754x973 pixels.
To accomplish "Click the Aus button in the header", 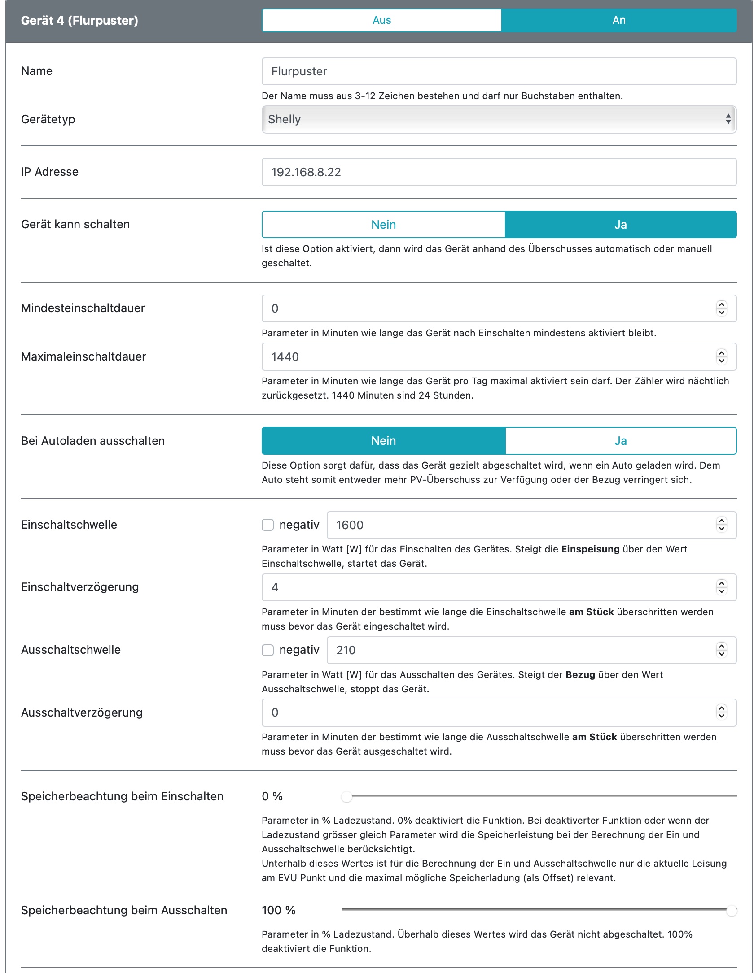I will click(x=381, y=20).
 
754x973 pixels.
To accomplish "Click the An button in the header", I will click(x=618, y=20).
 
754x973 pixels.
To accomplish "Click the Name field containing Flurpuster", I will click(x=498, y=71).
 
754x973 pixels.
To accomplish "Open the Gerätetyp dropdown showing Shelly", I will click(x=498, y=119).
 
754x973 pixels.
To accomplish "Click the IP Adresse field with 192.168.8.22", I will click(x=498, y=172).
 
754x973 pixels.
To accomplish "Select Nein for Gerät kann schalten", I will click(x=383, y=225).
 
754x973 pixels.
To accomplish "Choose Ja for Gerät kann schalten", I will click(x=620, y=225).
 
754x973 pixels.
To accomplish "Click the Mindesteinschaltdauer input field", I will click(x=489, y=308).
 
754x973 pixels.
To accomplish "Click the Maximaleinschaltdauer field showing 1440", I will click(x=489, y=357).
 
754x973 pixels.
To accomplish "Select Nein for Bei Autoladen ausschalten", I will click(x=383, y=441).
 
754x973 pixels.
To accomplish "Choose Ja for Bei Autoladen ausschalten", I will click(x=620, y=441).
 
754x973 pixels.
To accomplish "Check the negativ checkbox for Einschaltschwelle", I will click(x=268, y=525).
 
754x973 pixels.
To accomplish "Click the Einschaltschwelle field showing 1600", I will click(x=521, y=525).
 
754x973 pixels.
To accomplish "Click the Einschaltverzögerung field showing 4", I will click(x=489, y=587).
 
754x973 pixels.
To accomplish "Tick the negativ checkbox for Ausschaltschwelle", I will click(x=268, y=650).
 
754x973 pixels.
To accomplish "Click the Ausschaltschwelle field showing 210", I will click(x=521, y=650).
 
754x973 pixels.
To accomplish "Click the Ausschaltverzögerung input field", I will click(x=489, y=712).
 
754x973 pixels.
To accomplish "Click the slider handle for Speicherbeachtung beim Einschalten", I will click(x=346, y=797).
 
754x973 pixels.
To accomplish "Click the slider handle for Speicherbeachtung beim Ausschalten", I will click(x=732, y=911).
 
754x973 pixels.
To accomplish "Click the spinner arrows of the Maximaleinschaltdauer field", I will click(x=721, y=357).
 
